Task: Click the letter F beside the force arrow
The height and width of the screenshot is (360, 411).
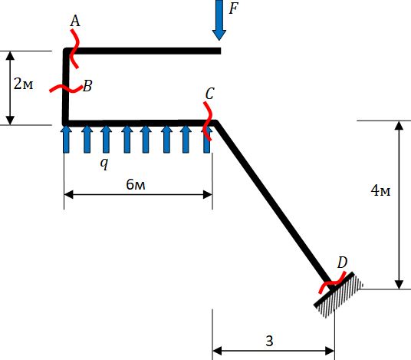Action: point(233,8)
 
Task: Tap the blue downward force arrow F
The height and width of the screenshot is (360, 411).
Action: point(219,20)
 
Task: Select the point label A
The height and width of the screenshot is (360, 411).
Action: point(75,21)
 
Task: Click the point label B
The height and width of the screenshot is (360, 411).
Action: point(87,86)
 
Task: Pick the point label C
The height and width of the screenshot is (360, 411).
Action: point(209,94)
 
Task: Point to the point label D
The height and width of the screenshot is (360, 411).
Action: point(342,262)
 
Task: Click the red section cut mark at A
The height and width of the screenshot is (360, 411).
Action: point(74,49)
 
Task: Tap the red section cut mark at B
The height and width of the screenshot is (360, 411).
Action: point(66,88)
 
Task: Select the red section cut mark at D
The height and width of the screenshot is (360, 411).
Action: point(332,282)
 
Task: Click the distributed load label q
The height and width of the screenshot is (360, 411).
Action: point(104,163)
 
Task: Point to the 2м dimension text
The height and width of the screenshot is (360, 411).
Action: point(23,84)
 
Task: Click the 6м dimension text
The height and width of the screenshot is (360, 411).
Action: point(135,184)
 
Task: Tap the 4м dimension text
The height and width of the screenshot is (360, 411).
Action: point(380,190)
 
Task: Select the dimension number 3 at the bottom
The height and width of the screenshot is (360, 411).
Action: point(269,341)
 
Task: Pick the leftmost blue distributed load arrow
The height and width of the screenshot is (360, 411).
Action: point(66,139)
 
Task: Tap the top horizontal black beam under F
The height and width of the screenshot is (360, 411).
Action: point(143,51)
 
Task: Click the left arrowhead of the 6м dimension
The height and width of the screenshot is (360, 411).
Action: point(69,195)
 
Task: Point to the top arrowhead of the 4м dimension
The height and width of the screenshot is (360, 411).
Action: point(399,125)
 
